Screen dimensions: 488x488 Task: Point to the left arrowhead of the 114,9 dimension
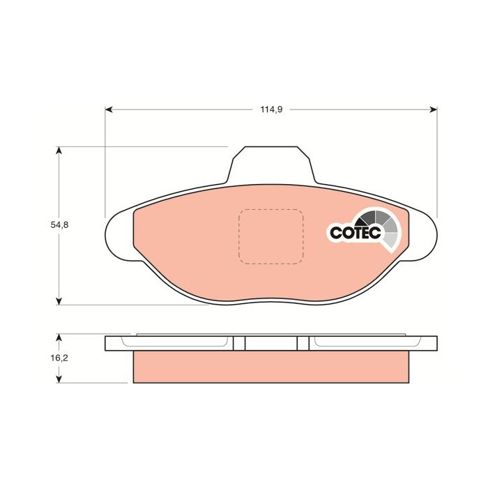[108, 109]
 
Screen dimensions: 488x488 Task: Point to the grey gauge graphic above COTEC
[380, 224]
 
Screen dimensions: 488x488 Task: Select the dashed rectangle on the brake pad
[270, 237]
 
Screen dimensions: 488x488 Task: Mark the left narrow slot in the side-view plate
[245, 344]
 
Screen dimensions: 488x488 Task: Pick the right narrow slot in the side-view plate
[297, 344]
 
